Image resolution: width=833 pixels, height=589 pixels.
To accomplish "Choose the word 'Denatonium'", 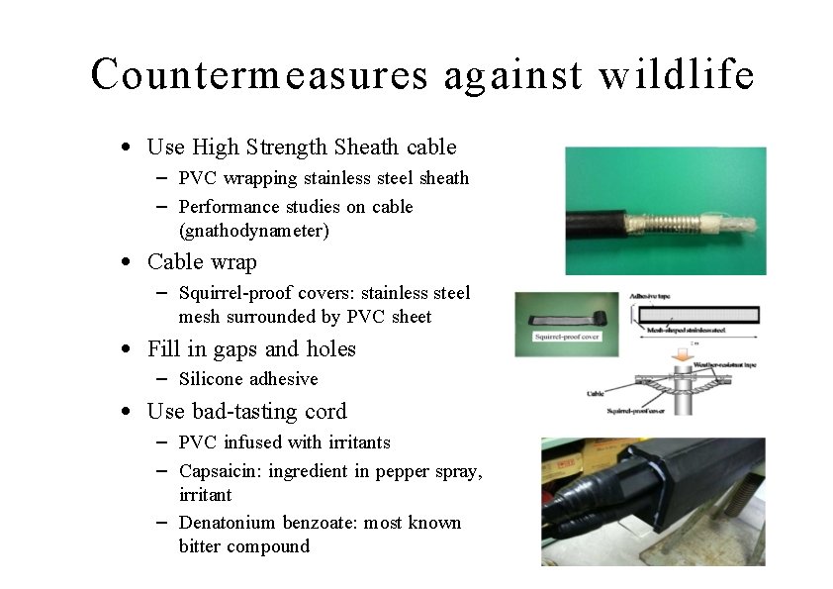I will click(228, 522).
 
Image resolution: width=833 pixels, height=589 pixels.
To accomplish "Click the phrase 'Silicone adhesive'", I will click(248, 379).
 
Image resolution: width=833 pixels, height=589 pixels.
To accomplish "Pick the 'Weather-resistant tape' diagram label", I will click(730, 365).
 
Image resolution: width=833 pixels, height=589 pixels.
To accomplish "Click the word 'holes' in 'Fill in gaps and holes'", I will click(331, 349).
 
